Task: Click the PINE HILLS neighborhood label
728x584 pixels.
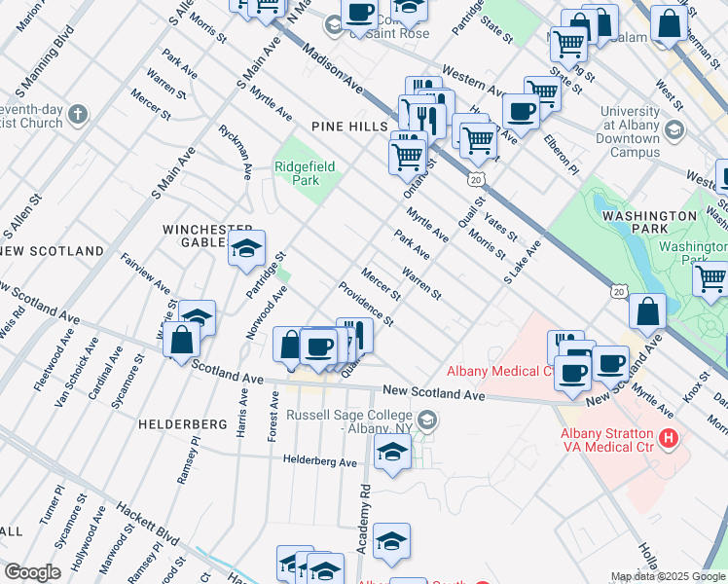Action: point(349,128)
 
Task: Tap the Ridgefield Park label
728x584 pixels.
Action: point(305,173)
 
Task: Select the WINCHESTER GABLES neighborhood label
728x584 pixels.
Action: point(200,236)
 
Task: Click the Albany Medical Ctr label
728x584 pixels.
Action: point(499,371)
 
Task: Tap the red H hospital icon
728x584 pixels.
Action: point(668,438)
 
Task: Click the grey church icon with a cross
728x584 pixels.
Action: point(78,115)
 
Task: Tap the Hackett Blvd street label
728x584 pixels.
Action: point(145,525)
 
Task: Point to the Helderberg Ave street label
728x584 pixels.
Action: point(321,460)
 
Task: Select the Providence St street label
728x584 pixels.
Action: point(366,304)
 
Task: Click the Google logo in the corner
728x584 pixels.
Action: point(32,572)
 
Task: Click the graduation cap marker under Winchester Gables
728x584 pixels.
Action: point(247,249)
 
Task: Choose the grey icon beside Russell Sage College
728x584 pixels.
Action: point(428,420)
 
